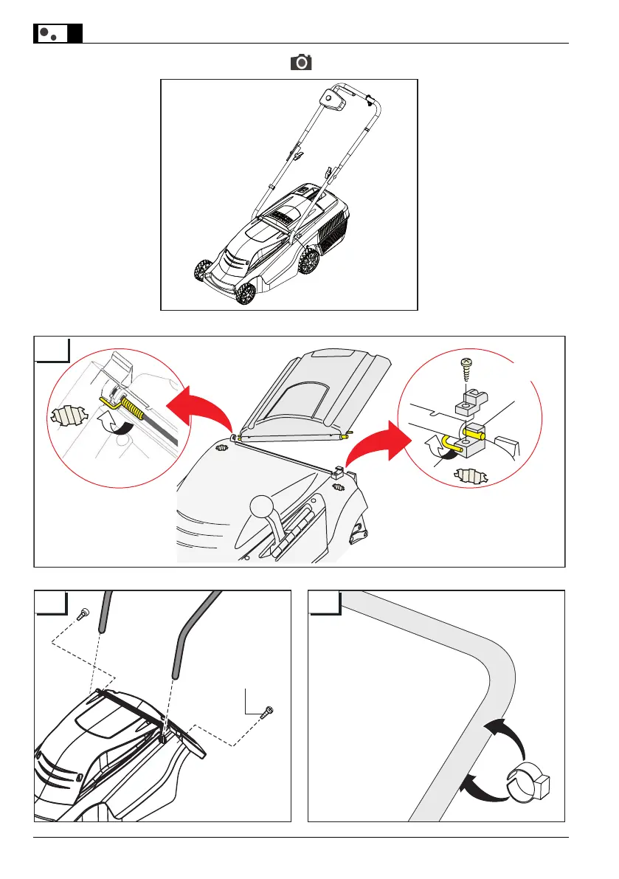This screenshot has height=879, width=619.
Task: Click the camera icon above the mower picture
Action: [x=301, y=63]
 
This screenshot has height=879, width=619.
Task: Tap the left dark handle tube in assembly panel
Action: [x=104, y=611]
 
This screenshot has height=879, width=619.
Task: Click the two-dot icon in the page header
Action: [x=49, y=34]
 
